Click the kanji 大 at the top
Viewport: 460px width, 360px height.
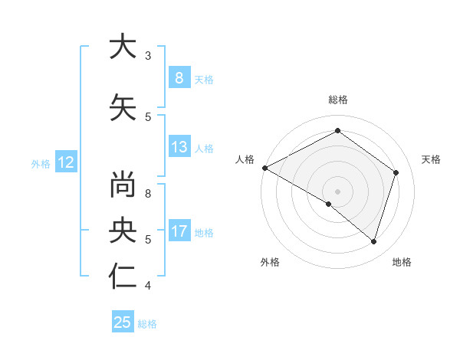click(123, 47)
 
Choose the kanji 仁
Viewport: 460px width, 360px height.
click(123, 277)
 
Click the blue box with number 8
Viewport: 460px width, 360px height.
click(179, 77)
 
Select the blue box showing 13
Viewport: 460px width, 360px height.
click(179, 147)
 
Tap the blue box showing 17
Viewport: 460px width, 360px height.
click(179, 231)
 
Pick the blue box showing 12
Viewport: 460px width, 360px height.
click(65, 162)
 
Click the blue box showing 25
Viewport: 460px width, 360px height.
click(123, 322)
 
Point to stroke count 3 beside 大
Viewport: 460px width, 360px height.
click(148, 55)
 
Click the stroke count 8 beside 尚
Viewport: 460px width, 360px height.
click(148, 194)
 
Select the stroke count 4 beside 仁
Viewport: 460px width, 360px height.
click(148, 286)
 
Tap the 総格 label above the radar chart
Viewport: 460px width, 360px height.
click(337, 100)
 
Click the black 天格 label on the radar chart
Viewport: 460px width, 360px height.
click(432, 159)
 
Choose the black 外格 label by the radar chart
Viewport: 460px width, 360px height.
click(269, 262)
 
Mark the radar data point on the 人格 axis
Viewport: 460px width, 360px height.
click(264, 168)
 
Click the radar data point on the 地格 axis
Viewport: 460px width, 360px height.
click(373, 241)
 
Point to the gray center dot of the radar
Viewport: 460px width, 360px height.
click(337, 191)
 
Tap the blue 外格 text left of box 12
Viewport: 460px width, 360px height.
click(41, 162)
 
